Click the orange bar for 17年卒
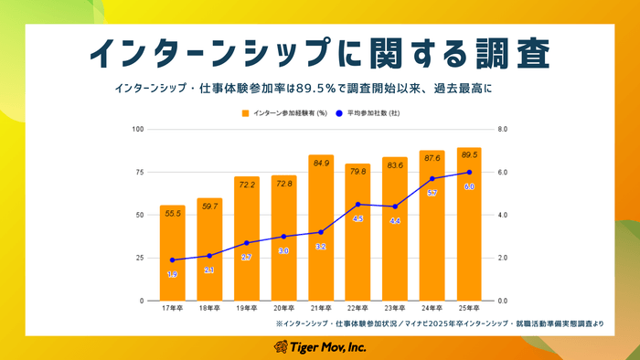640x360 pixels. click(172, 253)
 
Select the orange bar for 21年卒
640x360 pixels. click(321, 228)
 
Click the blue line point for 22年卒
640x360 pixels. click(357, 205)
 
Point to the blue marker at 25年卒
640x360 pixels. click(469, 172)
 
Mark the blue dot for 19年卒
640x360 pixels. click(246, 243)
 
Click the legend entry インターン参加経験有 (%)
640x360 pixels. click(283, 113)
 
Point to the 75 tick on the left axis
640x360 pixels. click(140, 172)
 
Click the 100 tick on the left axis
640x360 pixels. click(139, 129)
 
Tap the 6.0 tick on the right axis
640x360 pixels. click(503, 172)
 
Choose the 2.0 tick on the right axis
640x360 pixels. click(503, 258)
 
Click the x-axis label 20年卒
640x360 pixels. click(283, 309)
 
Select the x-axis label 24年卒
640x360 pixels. click(432, 309)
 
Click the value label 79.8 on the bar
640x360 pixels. click(357, 171)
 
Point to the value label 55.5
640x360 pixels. click(172, 212)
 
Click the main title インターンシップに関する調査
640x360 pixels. click(319, 52)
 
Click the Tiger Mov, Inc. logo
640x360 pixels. click(319, 347)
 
